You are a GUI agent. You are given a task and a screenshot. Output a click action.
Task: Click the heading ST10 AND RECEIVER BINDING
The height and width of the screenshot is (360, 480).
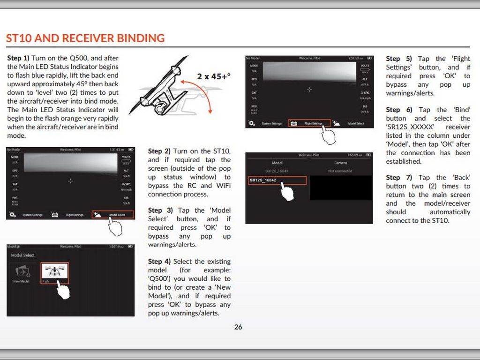(85, 38)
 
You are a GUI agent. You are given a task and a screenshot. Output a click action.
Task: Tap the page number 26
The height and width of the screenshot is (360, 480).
(238, 327)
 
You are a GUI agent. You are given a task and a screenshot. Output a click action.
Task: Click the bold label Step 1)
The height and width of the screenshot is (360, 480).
(18, 58)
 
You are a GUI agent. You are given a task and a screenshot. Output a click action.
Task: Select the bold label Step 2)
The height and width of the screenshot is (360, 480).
(159, 151)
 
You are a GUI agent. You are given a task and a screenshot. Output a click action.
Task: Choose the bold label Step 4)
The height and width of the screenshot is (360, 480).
(159, 262)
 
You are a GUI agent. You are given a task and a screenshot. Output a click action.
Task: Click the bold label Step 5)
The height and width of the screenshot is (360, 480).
(399, 59)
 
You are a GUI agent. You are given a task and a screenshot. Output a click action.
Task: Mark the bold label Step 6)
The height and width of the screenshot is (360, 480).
(399, 110)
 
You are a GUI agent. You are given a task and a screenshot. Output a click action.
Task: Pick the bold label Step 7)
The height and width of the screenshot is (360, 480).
(399, 178)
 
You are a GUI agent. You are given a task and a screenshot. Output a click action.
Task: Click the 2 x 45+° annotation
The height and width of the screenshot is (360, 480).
(213, 76)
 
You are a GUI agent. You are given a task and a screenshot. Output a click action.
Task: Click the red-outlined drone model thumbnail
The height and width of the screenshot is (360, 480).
(54, 271)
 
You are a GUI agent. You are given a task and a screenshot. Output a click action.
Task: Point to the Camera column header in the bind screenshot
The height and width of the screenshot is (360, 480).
(341, 163)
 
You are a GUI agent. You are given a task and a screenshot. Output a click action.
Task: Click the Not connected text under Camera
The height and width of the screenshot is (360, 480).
(340, 171)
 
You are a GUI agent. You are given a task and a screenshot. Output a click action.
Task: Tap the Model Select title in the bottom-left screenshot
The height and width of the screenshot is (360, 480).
(22, 255)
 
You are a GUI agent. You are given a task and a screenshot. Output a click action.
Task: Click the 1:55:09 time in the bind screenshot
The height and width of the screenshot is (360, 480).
(352, 155)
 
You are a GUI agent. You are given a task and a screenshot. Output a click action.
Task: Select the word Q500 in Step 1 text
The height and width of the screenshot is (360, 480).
(78, 58)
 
